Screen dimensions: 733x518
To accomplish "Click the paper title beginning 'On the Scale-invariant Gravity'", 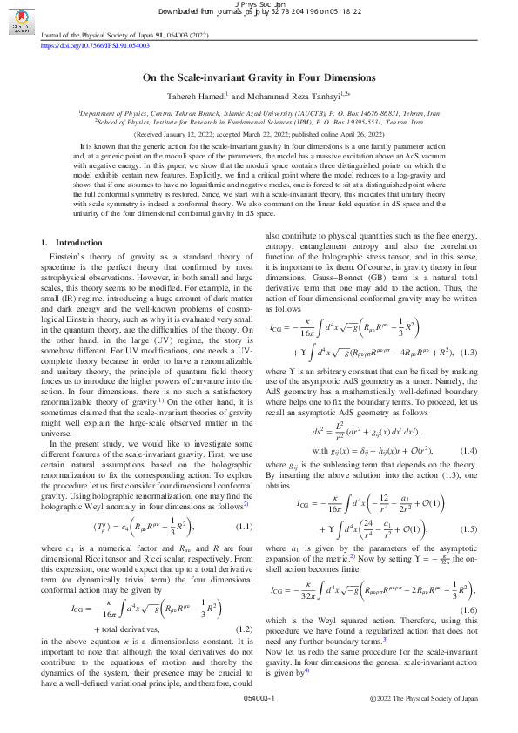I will pyautogui.click(x=259, y=77).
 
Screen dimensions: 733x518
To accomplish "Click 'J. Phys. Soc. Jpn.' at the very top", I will pyautogui.click(x=259, y=4).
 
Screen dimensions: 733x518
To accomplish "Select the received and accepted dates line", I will pyautogui.click(x=259, y=136).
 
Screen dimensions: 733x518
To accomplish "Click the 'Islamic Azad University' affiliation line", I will pyautogui.click(x=259, y=113).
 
